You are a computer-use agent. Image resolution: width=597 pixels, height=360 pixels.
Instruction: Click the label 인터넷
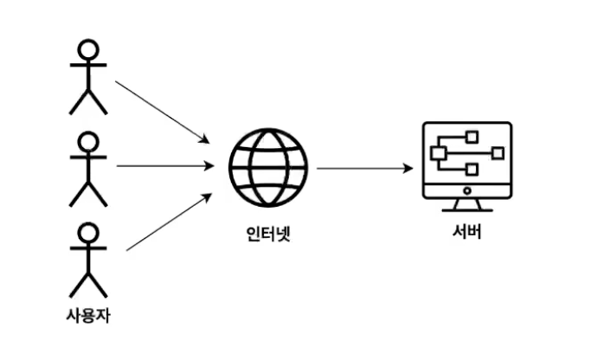point(267,232)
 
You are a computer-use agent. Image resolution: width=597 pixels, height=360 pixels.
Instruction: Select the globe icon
point(268,166)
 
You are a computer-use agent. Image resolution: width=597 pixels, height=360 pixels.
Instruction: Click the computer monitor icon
point(466,165)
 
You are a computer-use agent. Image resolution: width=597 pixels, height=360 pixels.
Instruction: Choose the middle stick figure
point(87,169)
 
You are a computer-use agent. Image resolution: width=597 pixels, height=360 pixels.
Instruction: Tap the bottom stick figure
point(87,260)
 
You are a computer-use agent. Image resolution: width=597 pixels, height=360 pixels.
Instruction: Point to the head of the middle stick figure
point(87,141)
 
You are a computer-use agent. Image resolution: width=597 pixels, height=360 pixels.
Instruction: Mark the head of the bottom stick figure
point(87,232)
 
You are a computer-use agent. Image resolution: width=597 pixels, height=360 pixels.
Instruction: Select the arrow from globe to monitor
point(363,167)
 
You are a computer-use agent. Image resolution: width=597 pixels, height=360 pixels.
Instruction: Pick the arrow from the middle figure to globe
point(164,165)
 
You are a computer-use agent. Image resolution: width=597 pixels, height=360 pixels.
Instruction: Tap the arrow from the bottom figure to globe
point(169,222)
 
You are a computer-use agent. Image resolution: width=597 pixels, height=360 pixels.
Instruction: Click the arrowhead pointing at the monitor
point(408,167)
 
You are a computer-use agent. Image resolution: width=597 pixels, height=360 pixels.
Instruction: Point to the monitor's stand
point(466,205)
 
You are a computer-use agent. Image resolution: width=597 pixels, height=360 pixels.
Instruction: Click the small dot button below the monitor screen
point(466,189)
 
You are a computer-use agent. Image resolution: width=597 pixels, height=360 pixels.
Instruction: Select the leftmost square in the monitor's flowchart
point(438,153)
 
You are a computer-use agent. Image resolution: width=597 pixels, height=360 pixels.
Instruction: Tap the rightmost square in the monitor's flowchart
point(497,152)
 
